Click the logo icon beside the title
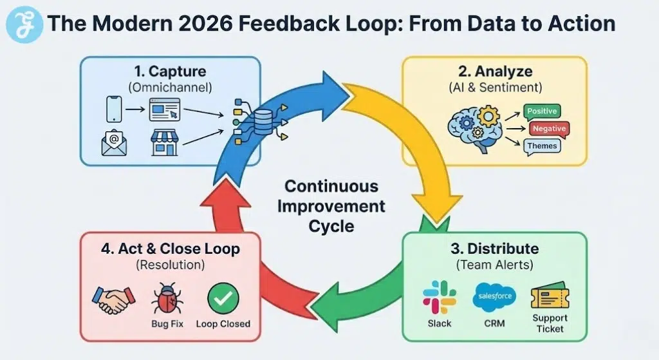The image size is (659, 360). click(x=23, y=24)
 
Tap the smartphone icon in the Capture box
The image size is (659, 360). click(x=114, y=110)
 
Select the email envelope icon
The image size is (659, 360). click(x=114, y=144)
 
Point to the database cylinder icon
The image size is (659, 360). click(x=263, y=120)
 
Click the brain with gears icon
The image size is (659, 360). click(x=478, y=127)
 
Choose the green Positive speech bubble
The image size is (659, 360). click(x=542, y=111)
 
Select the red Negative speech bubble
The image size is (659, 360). click(x=548, y=129)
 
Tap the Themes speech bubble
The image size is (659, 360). click(x=542, y=146)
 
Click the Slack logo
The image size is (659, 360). click(x=440, y=297)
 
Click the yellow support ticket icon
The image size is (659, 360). click(x=548, y=297)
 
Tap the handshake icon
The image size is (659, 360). click(x=114, y=299)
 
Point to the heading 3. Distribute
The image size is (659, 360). click(x=494, y=248)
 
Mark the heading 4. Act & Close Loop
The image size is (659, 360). click(x=170, y=248)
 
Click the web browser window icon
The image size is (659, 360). click(x=165, y=110)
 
